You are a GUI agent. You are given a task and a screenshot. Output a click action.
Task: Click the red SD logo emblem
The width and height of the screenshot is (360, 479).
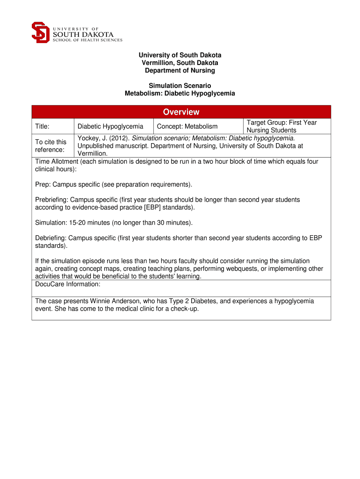[40, 32]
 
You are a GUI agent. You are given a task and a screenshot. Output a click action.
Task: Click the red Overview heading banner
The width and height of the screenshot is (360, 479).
[181, 112]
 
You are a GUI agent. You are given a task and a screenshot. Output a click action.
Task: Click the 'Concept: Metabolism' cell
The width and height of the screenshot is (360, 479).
[187, 126]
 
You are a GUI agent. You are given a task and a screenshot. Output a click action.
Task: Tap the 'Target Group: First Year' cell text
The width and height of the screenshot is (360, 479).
[281, 123]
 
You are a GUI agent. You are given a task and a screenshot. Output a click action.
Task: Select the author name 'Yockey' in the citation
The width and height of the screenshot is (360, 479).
[88, 138]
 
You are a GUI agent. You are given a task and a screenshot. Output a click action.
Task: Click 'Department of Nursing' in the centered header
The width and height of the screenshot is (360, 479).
[180, 71]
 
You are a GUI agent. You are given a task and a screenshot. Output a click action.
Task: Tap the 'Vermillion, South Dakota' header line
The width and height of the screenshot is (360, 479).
[180, 63]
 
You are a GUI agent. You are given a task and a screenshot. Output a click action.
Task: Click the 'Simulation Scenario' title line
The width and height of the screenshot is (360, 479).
[180, 86]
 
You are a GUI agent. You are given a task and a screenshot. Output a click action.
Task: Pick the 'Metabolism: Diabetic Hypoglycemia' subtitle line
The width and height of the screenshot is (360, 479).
[180, 94]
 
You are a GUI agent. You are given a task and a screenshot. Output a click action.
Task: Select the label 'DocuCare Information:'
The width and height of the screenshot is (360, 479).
[68, 284]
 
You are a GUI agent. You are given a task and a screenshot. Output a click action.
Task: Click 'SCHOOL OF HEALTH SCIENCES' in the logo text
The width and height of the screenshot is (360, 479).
[87, 40]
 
